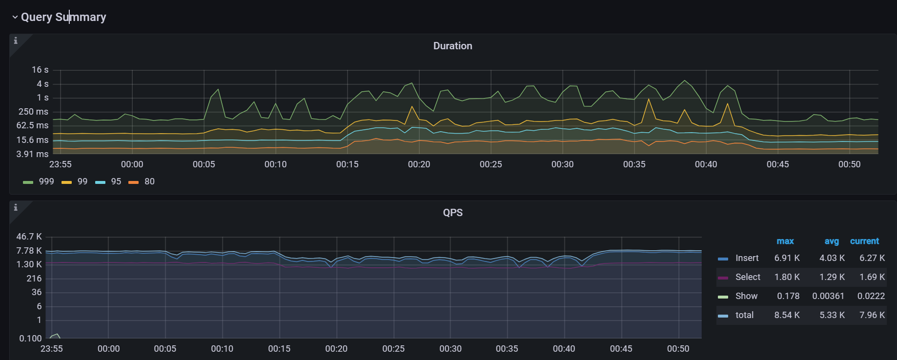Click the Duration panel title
(452, 46)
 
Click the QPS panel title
(452, 213)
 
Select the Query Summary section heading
(63, 17)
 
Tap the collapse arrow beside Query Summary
(15, 17)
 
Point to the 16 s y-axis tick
(40, 70)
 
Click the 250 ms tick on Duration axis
(33, 112)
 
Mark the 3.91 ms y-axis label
(32, 154)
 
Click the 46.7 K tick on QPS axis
(29, 237)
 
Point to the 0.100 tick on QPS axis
(30, 339)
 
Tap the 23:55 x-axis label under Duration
(61, 164)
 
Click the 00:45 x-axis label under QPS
(621, 349)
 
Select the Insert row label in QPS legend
(747, 258)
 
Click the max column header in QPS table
(785, 241)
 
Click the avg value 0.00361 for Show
(828, 296)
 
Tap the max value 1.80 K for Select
(787, 277)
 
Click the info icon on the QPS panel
(16, 207)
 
